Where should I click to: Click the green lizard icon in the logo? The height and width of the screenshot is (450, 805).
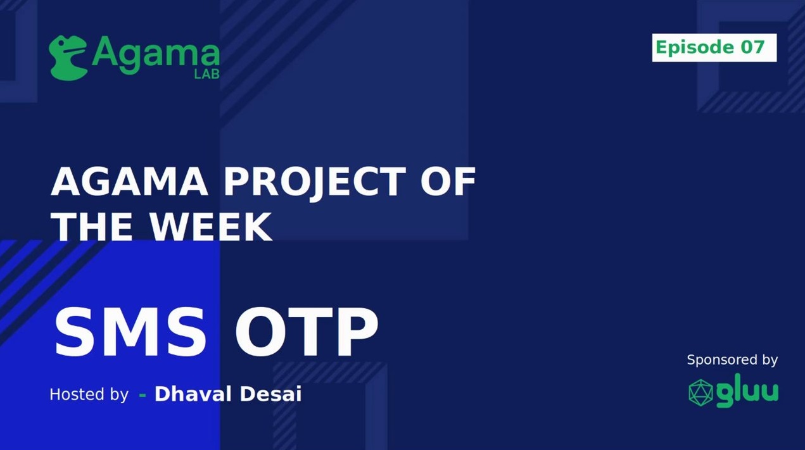[68, 58]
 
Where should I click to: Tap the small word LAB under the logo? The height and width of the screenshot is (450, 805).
[206, 73]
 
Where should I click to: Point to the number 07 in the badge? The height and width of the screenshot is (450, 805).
[752, 47]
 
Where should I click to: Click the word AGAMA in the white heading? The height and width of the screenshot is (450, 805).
[129, 182]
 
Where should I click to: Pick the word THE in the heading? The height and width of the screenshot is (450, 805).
[92, 226]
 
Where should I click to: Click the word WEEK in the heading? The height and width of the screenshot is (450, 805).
[211, 226]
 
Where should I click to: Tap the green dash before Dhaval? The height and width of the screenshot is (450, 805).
[143, 396]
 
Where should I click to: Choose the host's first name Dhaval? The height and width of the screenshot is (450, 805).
[193, 394]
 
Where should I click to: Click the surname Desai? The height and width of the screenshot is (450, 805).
[270, 394]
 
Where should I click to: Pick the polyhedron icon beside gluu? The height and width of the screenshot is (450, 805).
[700, 392]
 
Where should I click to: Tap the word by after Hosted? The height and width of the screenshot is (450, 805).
[119, 395]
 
